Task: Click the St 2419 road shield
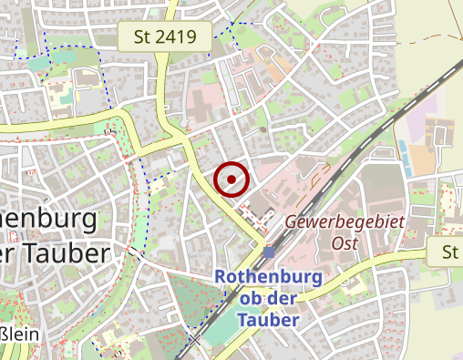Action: (x=165, y=37)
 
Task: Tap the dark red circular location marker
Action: (x=231, y=179)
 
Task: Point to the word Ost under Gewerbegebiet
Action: (x=345, y=243)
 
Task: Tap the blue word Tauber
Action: (x=268, y=320)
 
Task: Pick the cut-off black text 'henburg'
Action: (x=50, y=219)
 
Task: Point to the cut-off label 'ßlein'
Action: (x=18, y=335)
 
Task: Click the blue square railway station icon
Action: (x=270, y=252)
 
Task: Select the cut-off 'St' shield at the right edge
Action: (x=446, y=252)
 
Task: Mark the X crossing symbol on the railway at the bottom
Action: (x=195, y=340)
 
